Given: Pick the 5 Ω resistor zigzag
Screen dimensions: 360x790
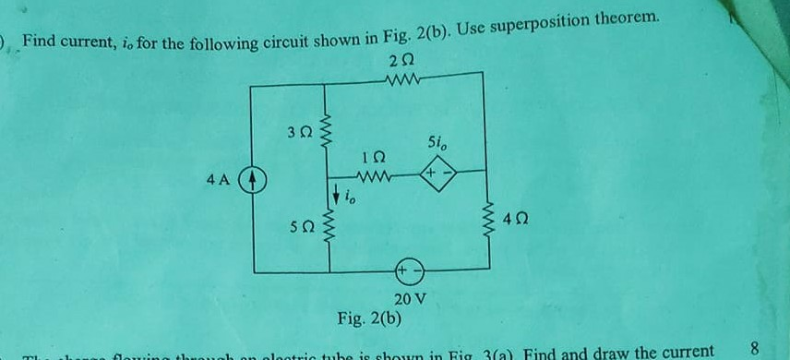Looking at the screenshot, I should pyautogui.click(x=324, y=231).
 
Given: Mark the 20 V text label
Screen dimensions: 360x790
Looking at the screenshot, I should pyautogui.click(x=411, y=299).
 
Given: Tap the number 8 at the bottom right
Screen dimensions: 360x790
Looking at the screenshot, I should pyautogui.click(x=754, y=349).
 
